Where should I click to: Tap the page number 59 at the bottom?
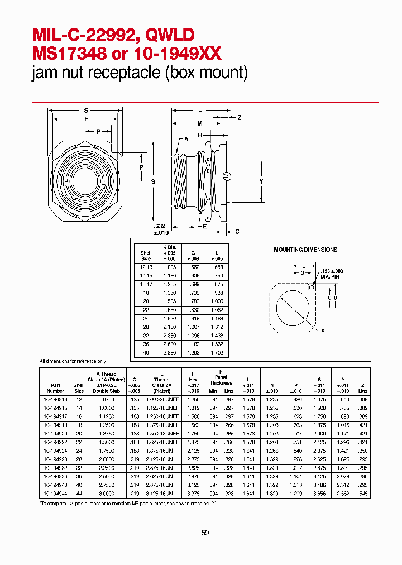[205, 533]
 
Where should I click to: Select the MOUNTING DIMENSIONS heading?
[305, 250]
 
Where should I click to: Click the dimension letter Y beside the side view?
[261, 182]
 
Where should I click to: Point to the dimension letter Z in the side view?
[240, 118]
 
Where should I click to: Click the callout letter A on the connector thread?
[186, 139]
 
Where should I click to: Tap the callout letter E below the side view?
[205, 227]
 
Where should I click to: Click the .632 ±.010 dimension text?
[160, 229]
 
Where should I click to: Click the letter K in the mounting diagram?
[323, 331]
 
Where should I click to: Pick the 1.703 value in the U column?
[217, 353]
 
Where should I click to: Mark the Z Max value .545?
[363, 495]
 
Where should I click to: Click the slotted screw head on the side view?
[226, 176]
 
